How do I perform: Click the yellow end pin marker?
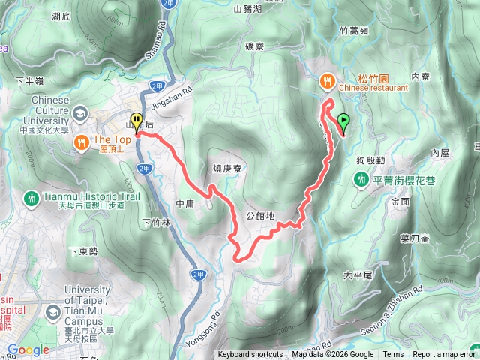[136, 122]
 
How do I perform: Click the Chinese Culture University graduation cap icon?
[79, 113]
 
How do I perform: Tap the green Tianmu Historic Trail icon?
[31, 199]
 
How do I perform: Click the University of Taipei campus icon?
[54, 310]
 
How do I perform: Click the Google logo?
[28, 349]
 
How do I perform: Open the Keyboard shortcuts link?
[250, 355]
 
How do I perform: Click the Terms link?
[393, 355]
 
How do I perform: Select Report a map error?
[444, 355]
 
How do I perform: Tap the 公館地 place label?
[260, 216]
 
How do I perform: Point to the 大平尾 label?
[357, 275]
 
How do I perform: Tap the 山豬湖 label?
[247, 9]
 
